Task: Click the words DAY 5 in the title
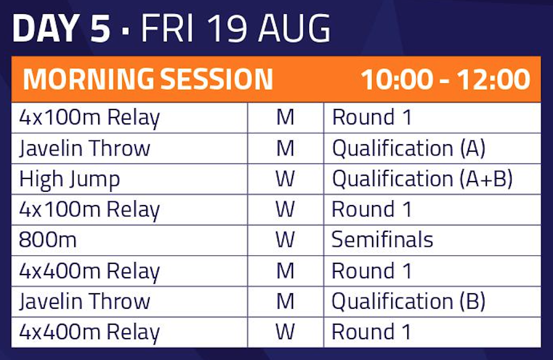point(61,29)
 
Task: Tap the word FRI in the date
point(168,29)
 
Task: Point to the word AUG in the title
point(295,29)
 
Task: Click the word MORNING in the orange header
point(89,79)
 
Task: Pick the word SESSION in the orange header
point(217,79)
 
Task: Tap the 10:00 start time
point(397,79)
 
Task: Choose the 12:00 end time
point(493,79)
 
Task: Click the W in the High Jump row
point(285,178)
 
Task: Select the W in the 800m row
point(285,240)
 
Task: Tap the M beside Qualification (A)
point(286,148)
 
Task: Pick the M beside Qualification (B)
point(286,301)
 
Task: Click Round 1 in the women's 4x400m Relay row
point(372,332)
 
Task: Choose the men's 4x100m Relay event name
point(90,118)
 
